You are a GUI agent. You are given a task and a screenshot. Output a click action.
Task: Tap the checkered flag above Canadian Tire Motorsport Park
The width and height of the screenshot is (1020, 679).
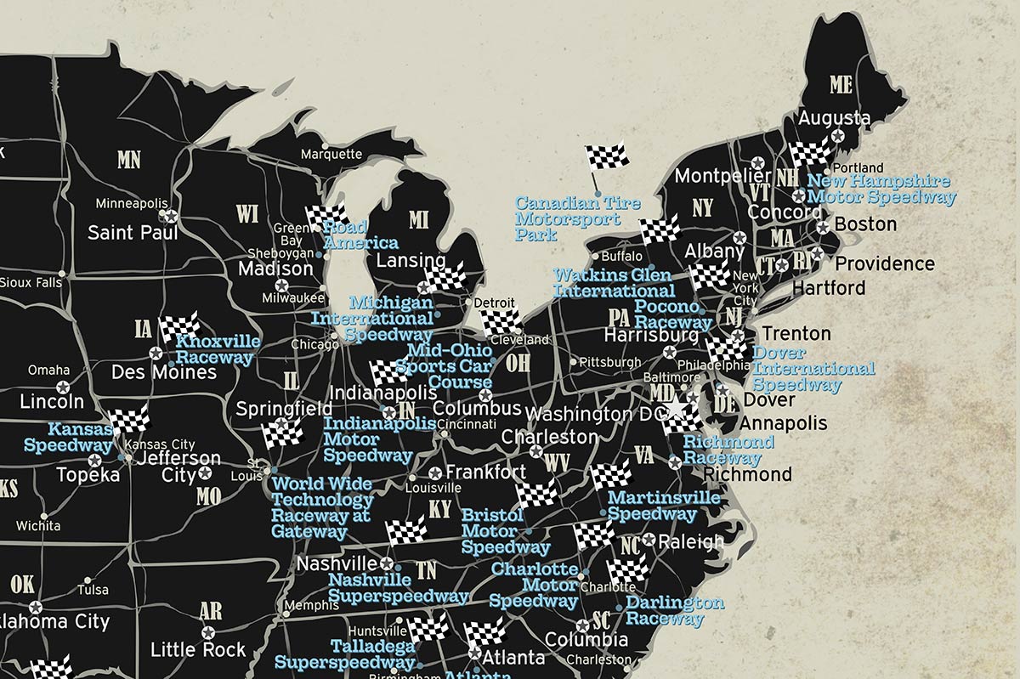pyautogui.click(x=607, y=156)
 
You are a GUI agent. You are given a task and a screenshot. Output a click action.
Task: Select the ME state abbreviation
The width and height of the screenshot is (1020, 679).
pyautogui.click(x=840, y=84)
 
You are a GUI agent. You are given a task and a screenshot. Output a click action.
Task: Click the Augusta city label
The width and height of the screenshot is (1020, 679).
pyautogui.click(x=833, y=118)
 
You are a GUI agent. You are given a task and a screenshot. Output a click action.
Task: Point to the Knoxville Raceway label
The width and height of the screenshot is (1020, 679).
pyautogui.click(x=218, y=349)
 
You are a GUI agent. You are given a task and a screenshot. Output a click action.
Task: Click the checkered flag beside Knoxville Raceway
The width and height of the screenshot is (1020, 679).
pyautogui.click(x=180, y=326)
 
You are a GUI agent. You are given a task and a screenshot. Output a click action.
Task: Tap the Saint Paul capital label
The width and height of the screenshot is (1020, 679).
pyautogui.click(x=133, y=232)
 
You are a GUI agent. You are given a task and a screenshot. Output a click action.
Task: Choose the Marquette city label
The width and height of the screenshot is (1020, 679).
pyautogui.click(x=331, y=155)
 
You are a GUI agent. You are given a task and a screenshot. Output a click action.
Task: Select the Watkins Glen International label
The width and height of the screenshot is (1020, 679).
pyautogui.click(x=614, y=283)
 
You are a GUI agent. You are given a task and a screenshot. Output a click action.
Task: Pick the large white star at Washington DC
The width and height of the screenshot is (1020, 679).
pyautogui.click(x=676, y=409)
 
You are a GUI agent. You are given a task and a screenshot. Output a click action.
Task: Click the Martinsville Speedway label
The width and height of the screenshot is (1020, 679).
pyautogui.click(x=663, y=505)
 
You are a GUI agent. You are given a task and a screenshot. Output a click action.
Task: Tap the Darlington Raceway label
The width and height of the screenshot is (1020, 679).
pyautogui.click(x=674, y=610)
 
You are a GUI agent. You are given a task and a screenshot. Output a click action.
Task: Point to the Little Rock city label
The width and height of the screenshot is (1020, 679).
pyautogui.click(x=197, y=650)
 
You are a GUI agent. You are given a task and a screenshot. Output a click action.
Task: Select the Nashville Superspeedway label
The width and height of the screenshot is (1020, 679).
pyautogui.click(x=397, y=587)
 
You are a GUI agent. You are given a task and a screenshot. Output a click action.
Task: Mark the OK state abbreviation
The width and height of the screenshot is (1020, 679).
pyautogui.click(x=23, y=585)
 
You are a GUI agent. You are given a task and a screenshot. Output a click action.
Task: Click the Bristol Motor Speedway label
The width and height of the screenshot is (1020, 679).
pyautogui.click(x=505, y=531)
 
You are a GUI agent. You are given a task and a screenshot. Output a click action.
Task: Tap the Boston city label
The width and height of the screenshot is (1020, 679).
pyautogui.click(x=865, y=224)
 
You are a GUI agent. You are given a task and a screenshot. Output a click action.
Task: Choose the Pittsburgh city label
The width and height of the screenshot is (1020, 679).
pyautogui.click(x=609, y=362)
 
